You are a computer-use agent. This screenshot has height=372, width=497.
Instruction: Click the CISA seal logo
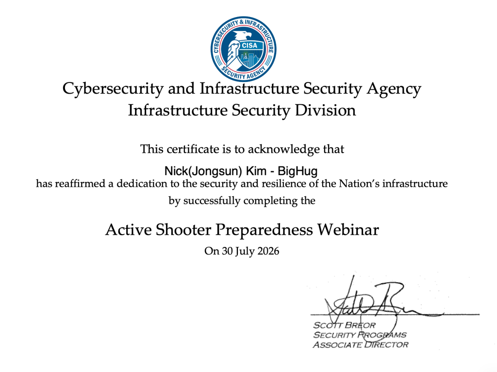(x=244, y=49)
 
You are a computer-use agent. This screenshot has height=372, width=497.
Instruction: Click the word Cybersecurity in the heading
(x=113, y=89)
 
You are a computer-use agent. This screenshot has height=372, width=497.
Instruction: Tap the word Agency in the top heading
(x=394, y=89)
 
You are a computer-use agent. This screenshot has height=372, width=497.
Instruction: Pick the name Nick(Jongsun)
(x=203, y=171)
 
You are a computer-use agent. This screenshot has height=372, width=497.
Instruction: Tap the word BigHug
(x=298, y=171)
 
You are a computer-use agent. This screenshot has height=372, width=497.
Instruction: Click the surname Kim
(x=256, y=171)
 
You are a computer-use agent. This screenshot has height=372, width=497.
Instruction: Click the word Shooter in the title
(x=183, y=230)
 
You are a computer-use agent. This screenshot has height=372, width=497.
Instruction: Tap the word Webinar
(x=348, y=230)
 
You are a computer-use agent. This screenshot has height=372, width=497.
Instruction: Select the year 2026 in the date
(x=268, y=251)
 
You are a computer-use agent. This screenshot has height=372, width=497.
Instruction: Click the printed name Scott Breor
(x=344, y=325)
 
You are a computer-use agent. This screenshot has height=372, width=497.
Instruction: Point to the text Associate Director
(x=361, y=344)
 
